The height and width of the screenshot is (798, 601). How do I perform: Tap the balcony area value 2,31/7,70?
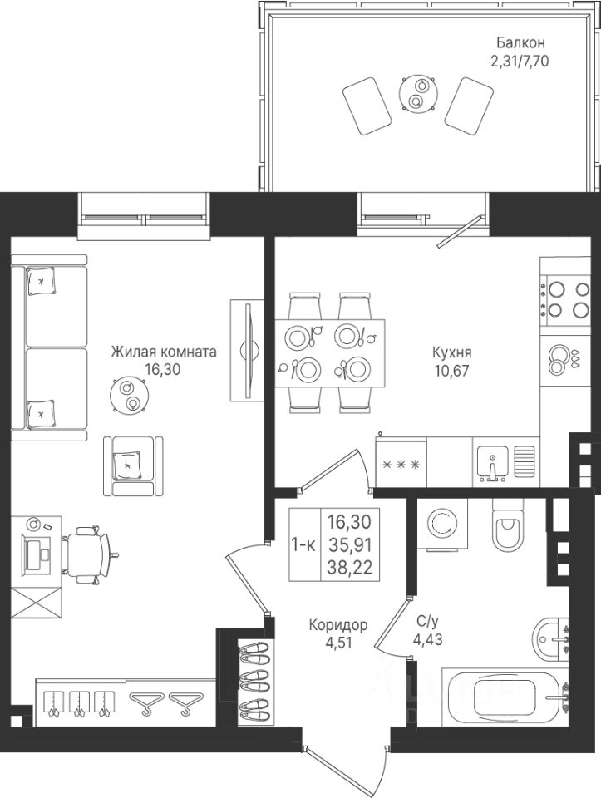pyautogui.click(x=520, y=62)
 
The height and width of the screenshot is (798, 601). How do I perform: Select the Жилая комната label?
pyautogui.click(x=164, y=352)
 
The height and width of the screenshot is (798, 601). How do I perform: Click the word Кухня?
pyautogui.click(x=452, y=352)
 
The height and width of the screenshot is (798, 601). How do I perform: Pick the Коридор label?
pyautogui.click(x=338, y=624)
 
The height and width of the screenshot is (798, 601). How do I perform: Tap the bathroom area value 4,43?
pyautogui.click(x=427, y=640)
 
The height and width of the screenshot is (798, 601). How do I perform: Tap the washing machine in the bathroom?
pyautogui.click(x=441, y=525)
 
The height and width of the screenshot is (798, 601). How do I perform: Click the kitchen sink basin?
pyautogui.click(x=492, y=462)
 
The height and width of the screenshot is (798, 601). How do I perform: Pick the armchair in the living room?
pyautogui.click(x=133, y=465)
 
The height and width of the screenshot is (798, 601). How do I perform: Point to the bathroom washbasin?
pyautogui.click(x=551, y=639)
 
